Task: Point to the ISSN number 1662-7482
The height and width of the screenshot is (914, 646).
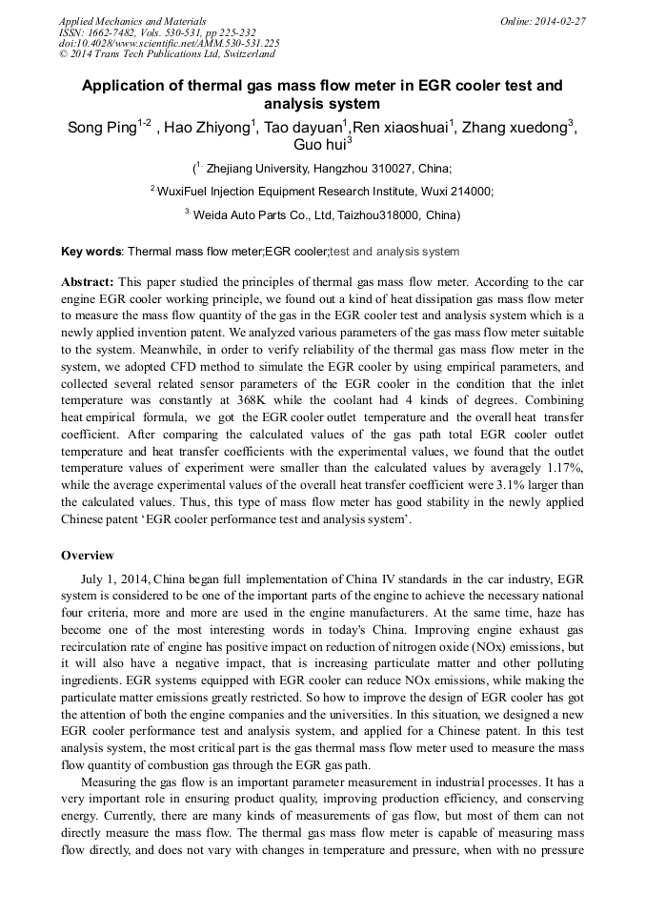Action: point(111,31)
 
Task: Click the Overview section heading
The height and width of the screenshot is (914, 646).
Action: point(88,556)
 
